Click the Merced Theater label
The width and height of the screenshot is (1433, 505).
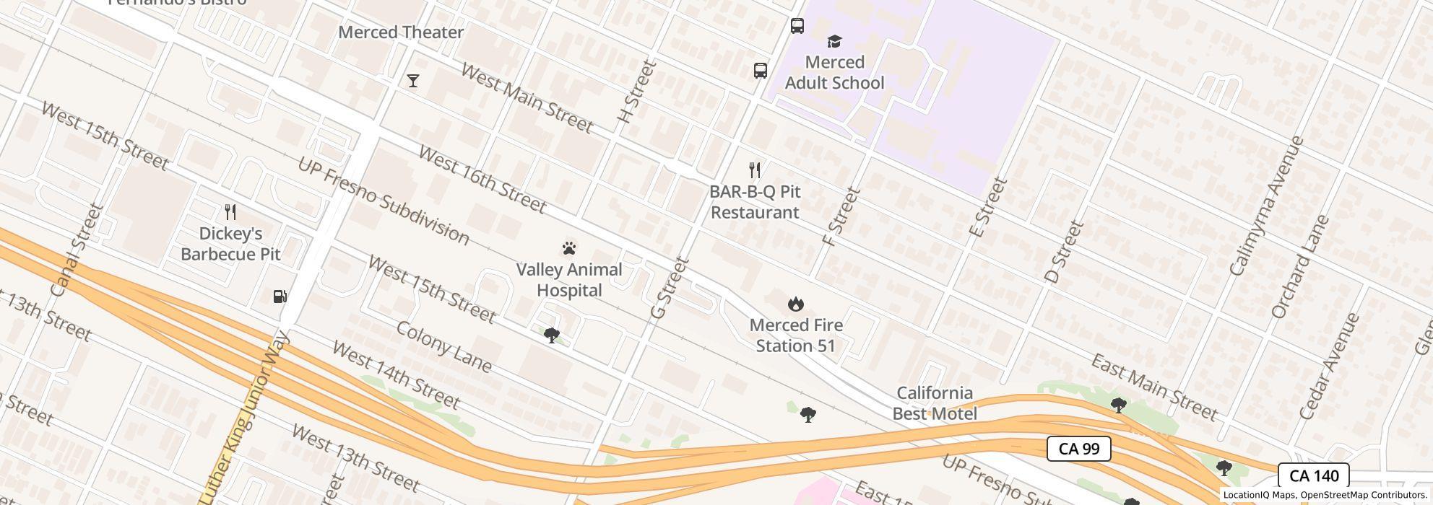click(x=401, y=32)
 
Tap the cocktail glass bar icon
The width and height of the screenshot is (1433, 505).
click(x=413, y=81)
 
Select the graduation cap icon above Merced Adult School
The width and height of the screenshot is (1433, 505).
click(x=834, y=41)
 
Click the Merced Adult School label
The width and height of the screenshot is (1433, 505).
click(x=834, y=73)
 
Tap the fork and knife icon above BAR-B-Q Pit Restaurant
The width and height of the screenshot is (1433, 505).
click(x=755, y=170)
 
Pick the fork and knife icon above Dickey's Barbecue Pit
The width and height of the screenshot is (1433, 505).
click(x=230, y=212)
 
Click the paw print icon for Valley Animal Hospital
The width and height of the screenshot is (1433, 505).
click(x=569, y=249)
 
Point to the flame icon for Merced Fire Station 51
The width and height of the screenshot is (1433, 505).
click(x=796, y=304)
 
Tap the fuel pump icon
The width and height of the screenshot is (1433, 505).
click(x=280, y=297)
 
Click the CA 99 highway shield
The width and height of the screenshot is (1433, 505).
click(x=1078, y=449)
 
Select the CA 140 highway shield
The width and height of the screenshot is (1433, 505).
click(x=1313, y=476)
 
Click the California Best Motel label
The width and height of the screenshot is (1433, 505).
click(x=935, y=403)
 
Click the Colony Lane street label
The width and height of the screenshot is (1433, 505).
click(x=443, y=347)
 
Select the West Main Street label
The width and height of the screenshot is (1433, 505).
click(x=527, y=98)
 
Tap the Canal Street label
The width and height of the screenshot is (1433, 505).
click(x=78, y=250)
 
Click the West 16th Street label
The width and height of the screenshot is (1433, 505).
click(x=482, y=180)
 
